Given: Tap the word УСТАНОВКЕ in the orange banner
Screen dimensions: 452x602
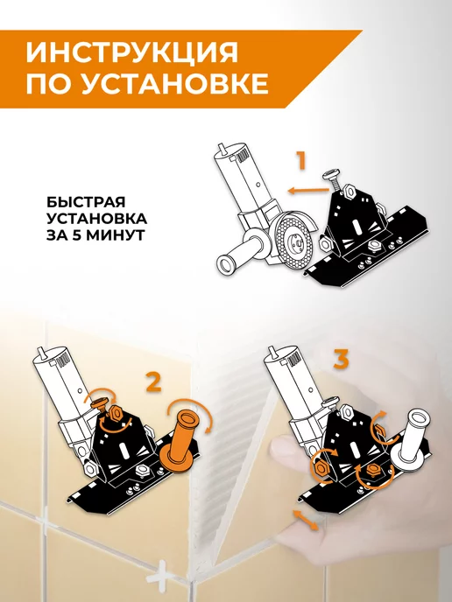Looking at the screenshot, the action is pos(175,83).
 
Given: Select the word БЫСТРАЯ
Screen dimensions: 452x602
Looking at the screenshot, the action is pos(86,202).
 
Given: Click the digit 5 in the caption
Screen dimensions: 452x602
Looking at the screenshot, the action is pos(76,235).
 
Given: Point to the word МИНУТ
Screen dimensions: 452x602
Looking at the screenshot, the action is pos(115,235).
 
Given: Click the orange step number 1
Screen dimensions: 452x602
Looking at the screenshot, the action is pos(300,161).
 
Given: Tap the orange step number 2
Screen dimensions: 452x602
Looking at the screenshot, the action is pos(153,382).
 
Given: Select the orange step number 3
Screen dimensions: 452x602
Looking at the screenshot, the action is pos(341,360).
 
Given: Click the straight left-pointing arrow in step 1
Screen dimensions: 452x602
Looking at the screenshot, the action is pos(307,190).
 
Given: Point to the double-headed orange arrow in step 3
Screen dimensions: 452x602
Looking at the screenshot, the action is pos(306,520).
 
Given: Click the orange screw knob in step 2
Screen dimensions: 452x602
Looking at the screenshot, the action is pos(102,404).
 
